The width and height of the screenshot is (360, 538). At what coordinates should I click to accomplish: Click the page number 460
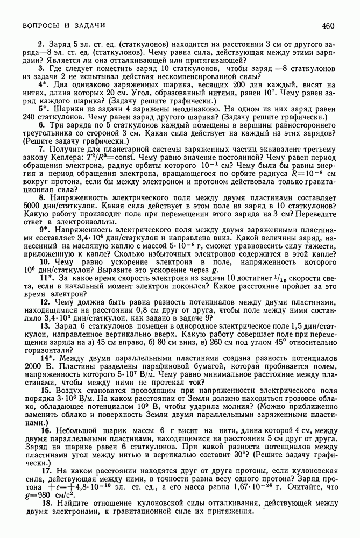329,25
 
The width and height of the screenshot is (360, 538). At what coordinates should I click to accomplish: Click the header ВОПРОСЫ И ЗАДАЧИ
63,25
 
